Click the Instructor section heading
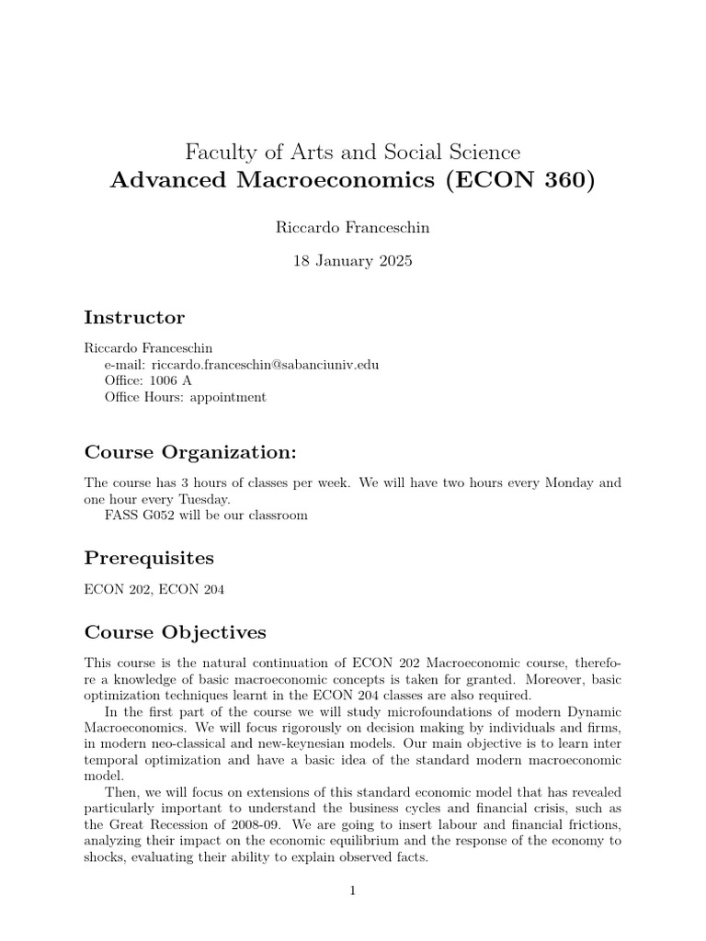[x=134, y=318]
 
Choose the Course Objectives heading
[x=176, y=632]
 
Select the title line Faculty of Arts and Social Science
[x=352, y=151]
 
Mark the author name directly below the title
[x=352, y=228]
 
